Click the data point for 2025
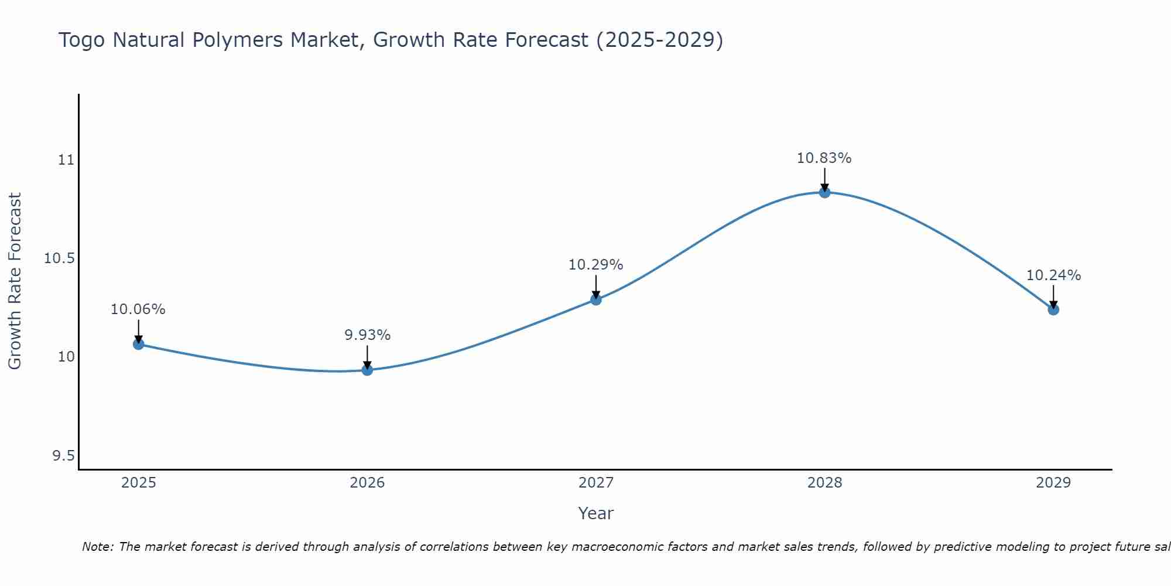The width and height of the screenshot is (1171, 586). [138, 344]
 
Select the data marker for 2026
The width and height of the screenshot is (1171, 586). [367, 370]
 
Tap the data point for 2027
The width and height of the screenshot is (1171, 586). [596, 299]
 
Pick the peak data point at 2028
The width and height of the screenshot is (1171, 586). [824, 192]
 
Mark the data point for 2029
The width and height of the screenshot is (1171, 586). [1053, 309]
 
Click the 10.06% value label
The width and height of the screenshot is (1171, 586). [138, 309]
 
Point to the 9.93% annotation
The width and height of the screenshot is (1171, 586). [367, 335]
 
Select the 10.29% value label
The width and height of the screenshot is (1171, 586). [596, 265]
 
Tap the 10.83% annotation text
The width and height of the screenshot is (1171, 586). [824, 158]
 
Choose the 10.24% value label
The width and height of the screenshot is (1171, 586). [1053, 275]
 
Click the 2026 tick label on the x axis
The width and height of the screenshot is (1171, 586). [367, 483]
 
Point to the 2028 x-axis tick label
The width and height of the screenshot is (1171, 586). [824, 483]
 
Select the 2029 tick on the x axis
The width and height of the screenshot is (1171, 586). [1053, 483]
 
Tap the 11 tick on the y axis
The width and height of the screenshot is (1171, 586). [67, 159]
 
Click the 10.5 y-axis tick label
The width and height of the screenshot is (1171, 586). [60, 258]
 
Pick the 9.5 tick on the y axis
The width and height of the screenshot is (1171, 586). [64, 456]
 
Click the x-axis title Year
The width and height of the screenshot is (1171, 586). [595, 513]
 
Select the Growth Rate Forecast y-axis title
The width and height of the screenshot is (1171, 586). [15, 281]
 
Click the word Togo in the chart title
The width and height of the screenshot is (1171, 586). [82, 40]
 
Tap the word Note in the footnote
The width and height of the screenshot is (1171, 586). [97, 547]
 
